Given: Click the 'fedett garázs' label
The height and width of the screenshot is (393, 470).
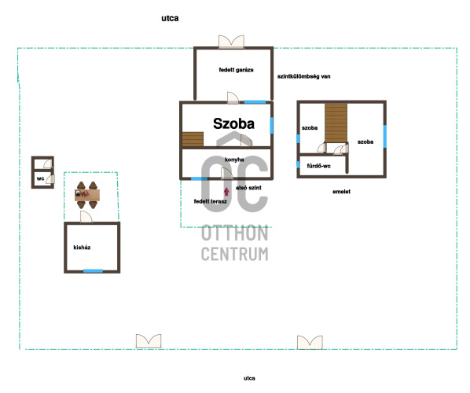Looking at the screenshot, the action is pyautogui.click(x=236, y=70).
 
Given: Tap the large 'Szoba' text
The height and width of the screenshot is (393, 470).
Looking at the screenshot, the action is pyautogui.click(x=233, y=123).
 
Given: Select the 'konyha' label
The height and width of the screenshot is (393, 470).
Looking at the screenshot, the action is pyautogui.click(x=234, y=160).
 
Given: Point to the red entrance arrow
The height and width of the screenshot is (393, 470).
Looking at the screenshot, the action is pyautogui.click(x=226, y=191).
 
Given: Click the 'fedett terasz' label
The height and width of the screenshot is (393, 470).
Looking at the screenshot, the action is pyautogui.click(x=210, y=201).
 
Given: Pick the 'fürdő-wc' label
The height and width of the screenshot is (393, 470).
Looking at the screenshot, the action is pyautogui.click(x=318, y=166).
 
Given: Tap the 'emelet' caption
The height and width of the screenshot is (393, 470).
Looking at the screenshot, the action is pyautogui.click(x=341, y=192).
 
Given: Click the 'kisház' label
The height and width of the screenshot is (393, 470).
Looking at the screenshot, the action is pyautogui.click(x=82, y=248).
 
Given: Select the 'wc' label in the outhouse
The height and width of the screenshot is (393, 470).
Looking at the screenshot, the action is pyautogui.click(x=40, y=178).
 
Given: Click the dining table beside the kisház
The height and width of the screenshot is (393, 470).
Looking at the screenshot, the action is pyautogui.click(x=87, y=195).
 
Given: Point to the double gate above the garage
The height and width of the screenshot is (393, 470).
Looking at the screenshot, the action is pyautogui.click(x=231, y=42).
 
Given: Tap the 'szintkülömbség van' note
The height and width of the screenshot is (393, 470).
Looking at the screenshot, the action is pyautogui.click(x=303, y=76).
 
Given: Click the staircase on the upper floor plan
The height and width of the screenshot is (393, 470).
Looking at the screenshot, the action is pyautogui.click(x=336, y=123).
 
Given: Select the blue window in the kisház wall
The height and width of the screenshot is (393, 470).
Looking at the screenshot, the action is pyautogui.click(x=93, y=271).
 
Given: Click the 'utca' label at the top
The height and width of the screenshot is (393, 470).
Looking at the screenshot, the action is pyautogui.click(x=170, y=18).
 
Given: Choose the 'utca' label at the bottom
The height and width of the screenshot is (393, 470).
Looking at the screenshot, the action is pyautogui.click(x=249, y=378).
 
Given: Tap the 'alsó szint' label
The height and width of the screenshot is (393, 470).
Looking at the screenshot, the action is pyautogui.click(x=248, y=188).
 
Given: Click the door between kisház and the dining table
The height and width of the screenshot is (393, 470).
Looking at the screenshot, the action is pyautogui.click(x=86, y=217).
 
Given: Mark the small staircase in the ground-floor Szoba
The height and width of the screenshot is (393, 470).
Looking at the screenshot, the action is pyautogui.click(x=193, y=139).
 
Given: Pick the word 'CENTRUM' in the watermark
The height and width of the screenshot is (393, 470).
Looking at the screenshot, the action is pyautogui.click(x=235, y=254).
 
